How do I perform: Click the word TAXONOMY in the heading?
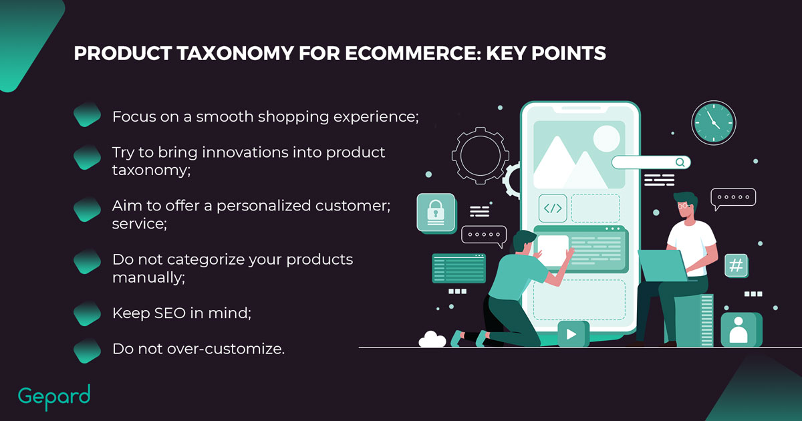tap(235, 53)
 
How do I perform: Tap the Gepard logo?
tap(54, 397)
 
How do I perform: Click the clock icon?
tap(714, 122)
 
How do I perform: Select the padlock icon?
tap(436, 213)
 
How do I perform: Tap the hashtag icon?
tap(736, 266)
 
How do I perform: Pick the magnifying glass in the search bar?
tap(680, 162)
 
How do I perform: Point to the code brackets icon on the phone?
tap(553, 208)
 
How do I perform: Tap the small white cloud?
tap(432, 339)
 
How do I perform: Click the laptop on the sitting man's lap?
tap(663, 265)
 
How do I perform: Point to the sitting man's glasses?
tap(683, 206)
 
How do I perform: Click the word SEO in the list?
tap(170, 313)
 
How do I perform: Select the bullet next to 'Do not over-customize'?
tap(87, 350)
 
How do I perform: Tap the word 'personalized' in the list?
tap(263, 206)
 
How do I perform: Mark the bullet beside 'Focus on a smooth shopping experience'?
tap(87, 114)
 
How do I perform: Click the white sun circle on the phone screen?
tap(607, 138)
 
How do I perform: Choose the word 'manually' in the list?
tap(148, 278)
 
